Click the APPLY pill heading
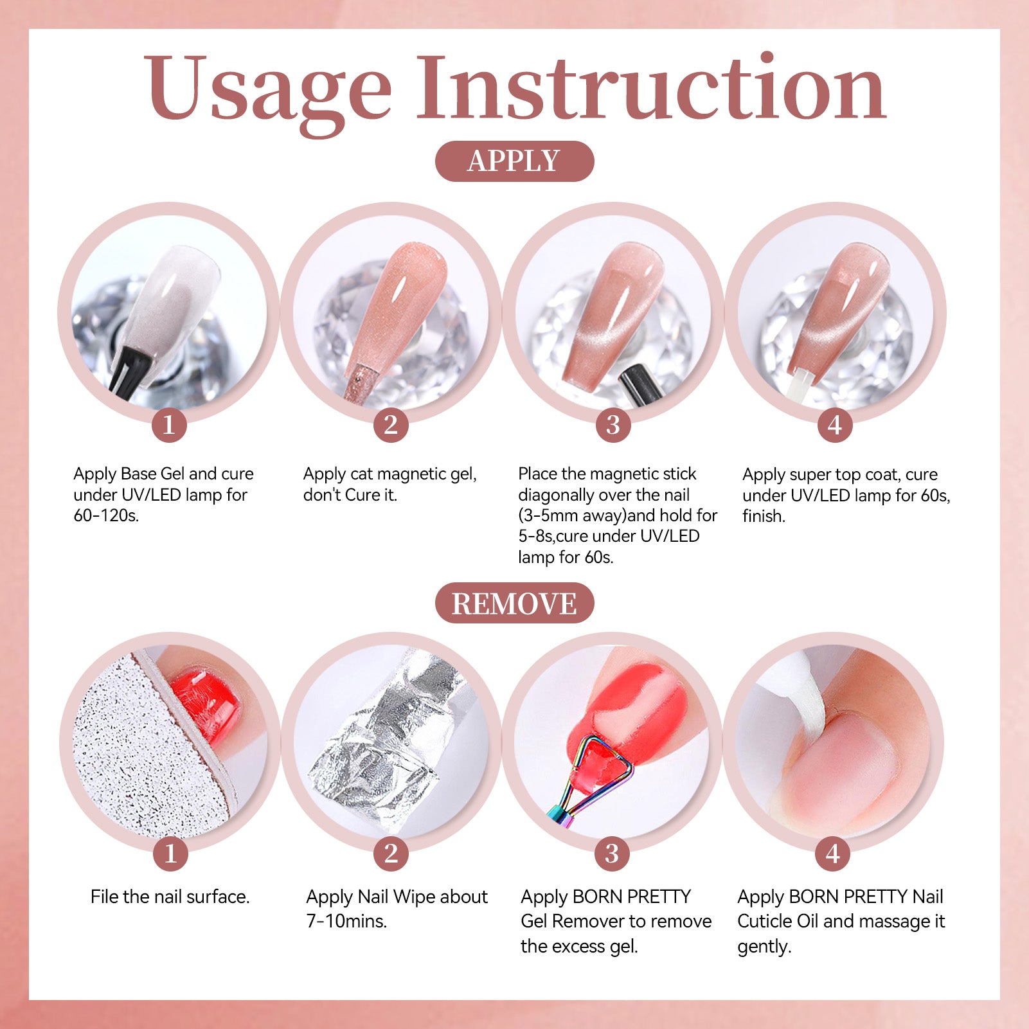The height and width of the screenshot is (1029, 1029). click(x=514, y=161)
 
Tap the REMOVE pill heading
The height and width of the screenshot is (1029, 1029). click(x=514, y=604)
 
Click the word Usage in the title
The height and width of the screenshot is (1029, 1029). click(x=267, y=90)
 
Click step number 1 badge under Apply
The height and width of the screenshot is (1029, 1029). click(x=169, y=425)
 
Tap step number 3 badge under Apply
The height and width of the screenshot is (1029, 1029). click(x=613, y=425)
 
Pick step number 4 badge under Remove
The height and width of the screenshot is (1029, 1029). click(x=833, y=854)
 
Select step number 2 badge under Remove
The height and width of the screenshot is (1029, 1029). click(x=391, y=854)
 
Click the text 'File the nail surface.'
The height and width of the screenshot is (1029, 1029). click(x=170, y=897)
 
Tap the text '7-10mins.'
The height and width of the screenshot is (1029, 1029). click(x=346, y=921)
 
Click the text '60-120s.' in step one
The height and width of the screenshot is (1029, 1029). click(x=106, y=515)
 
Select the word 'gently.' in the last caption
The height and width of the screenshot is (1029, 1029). click(x=764, y=947)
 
